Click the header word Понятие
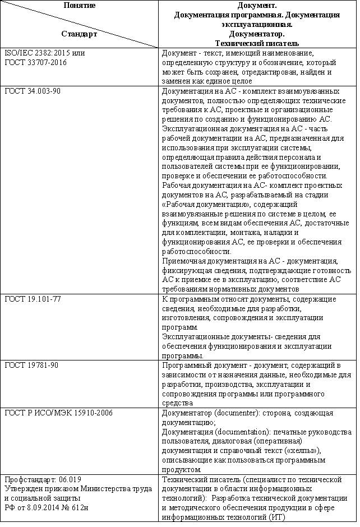(x=79, y=5)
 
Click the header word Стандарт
(x=79, y=34)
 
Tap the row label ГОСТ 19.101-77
(x=32, y=299)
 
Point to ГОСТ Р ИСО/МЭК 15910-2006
(x=58, y=413)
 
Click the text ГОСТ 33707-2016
(x=35, y=62)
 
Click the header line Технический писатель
(x=256, y=43)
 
